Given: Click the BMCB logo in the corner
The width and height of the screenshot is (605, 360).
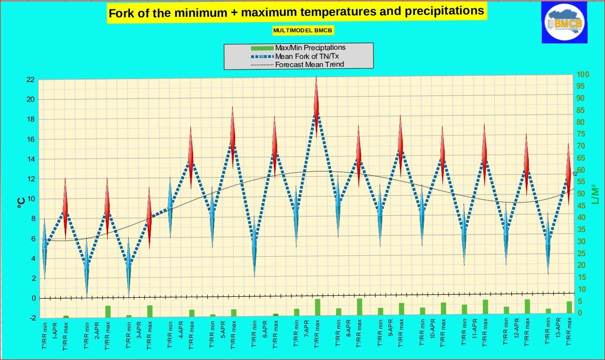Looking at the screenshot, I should coord(564,23).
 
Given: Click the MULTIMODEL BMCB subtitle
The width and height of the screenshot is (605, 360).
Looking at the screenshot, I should coord(303,30).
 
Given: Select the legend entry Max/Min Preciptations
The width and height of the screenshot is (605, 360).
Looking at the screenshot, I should coord(310,48).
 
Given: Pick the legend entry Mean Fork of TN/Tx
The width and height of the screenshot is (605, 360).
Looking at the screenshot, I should coord(307,56).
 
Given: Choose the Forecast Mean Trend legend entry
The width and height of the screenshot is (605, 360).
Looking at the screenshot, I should coord(309,64).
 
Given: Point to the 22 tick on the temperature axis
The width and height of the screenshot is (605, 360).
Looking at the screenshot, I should coord(30,80).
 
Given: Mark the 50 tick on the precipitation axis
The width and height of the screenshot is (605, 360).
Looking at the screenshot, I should coord(583,194).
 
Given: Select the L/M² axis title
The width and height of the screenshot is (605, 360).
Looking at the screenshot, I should coord(595,193).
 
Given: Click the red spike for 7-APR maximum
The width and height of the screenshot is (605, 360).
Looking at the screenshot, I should coord(317,97).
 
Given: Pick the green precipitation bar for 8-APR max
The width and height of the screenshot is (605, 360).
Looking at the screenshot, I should coord(359,307).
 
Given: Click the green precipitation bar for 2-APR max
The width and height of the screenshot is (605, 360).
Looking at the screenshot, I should coord(108,311).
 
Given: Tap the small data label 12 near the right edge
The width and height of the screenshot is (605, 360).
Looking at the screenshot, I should coord(575,174).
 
